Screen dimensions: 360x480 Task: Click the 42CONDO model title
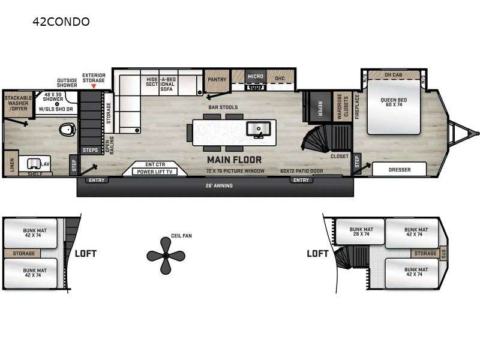(62, 22)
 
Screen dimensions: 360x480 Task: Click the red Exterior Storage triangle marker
(93, 86)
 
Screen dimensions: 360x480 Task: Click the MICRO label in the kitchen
(256, 77)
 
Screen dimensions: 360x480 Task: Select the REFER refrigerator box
(320, 108)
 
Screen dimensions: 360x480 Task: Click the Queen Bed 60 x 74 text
(394, 101)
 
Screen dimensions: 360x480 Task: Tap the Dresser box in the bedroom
(399, 170)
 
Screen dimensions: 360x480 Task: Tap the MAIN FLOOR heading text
(235, 160)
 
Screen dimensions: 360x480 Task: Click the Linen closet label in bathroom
(11, 163)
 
